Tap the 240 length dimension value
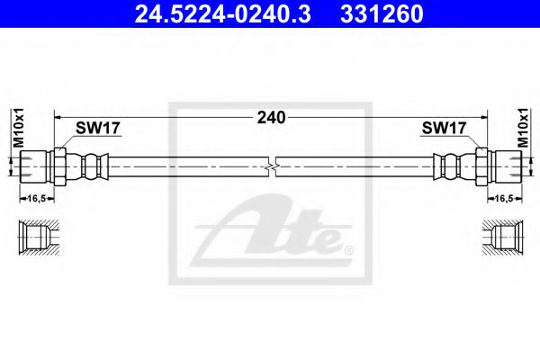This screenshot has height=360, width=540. coord(270,117)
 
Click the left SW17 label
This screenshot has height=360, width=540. coord(94,129)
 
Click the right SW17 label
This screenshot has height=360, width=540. coord(444,129)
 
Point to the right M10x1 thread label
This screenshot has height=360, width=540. coord(523,126)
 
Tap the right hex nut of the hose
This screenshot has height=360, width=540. coord(479,166)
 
